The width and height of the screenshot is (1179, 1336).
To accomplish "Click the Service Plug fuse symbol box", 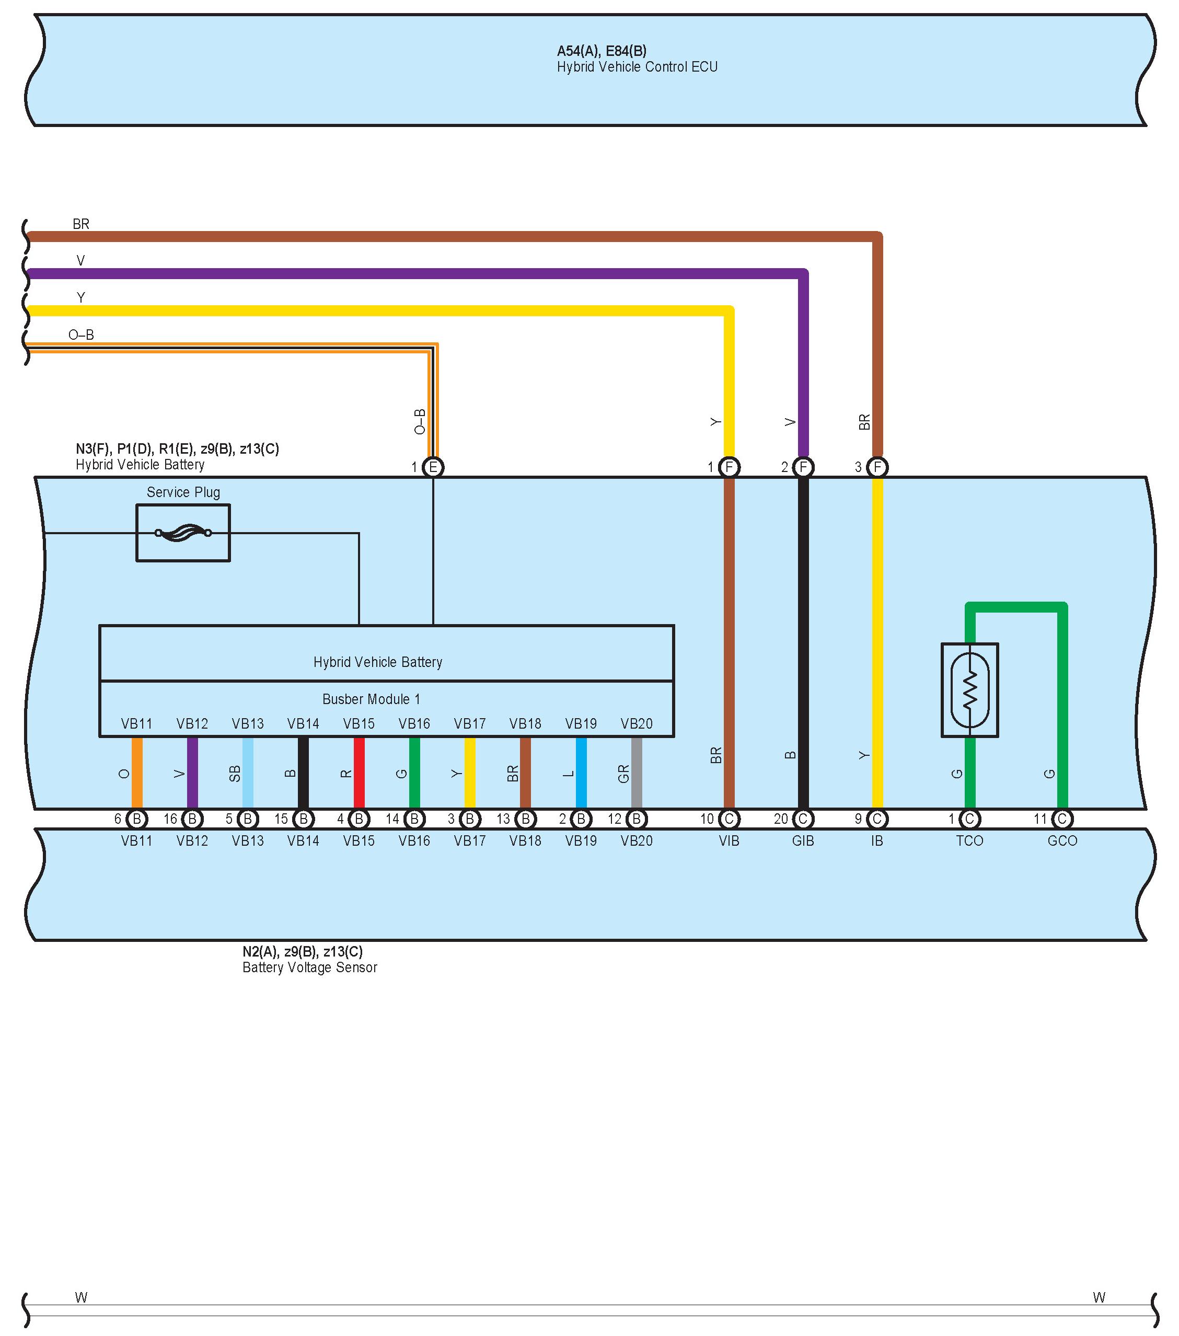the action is pos(183,533).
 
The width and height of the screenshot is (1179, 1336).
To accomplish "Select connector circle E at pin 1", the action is pos(433,467).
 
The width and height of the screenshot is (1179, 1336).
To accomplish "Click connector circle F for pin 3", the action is pos(877,467).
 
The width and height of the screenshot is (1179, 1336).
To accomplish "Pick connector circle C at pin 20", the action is pos(803,819).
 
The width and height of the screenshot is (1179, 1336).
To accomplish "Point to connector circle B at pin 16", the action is pos(192,819).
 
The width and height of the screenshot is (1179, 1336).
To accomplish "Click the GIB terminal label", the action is pos(803,841).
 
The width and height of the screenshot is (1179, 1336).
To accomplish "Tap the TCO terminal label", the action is pos(970,841).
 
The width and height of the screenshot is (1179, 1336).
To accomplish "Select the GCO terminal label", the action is pos(1062,841).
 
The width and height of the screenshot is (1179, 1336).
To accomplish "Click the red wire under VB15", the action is pos(359,773).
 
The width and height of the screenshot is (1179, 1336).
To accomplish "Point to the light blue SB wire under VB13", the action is pos(248,773).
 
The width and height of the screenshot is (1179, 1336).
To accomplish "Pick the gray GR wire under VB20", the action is pos(637,773).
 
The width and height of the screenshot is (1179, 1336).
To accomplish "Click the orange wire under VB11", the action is pos(136,773).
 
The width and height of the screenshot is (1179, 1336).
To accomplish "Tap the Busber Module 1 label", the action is pos(371,699).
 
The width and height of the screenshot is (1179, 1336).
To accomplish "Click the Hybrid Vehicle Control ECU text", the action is pos(637,67).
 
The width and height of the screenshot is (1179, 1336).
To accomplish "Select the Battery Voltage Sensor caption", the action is pos(310,968).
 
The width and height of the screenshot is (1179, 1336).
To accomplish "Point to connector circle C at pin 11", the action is pos(1062,819).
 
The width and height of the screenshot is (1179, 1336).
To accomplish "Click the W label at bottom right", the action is pos(1099,1297).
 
